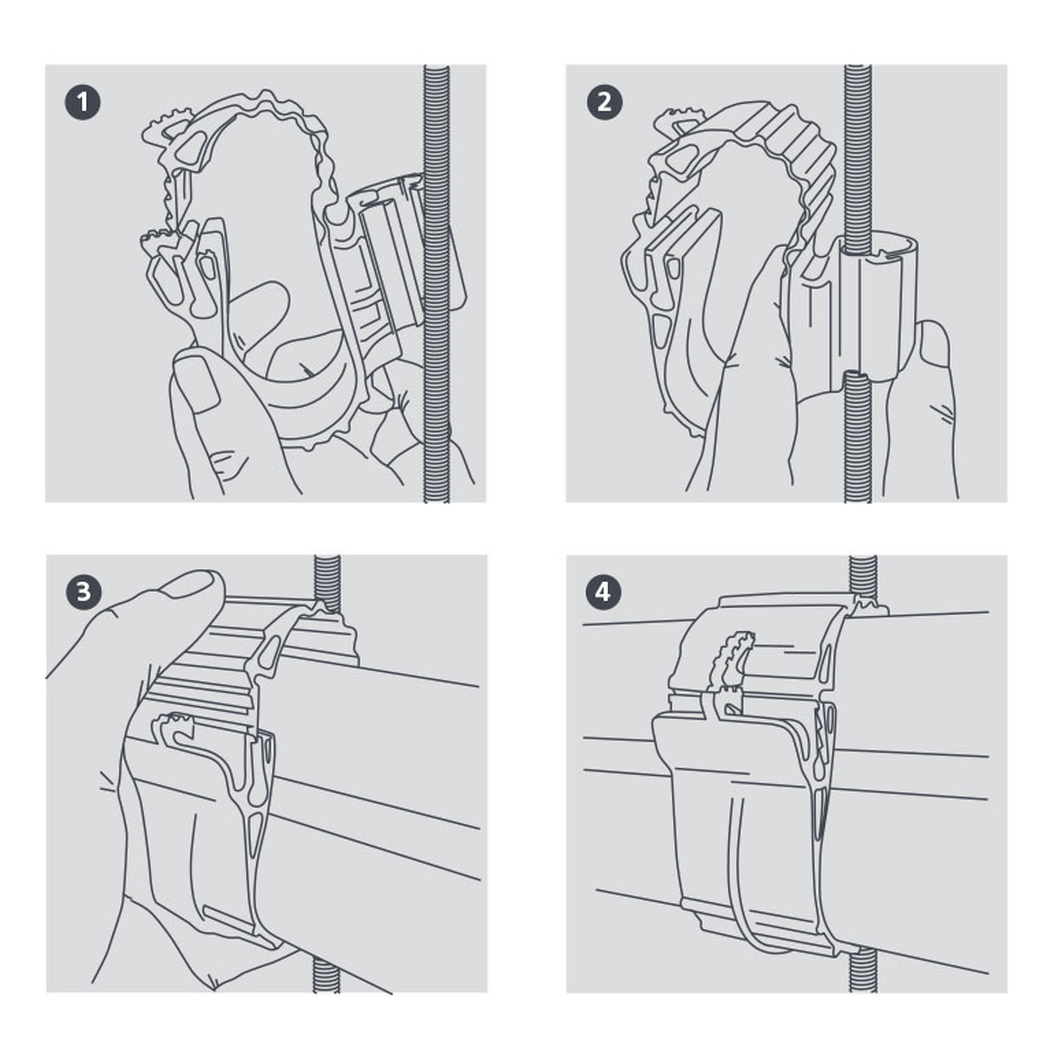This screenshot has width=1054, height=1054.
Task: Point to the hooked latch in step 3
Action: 175,730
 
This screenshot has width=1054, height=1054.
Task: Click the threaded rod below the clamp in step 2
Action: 858,436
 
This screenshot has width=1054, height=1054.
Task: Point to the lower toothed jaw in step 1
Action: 164,240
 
